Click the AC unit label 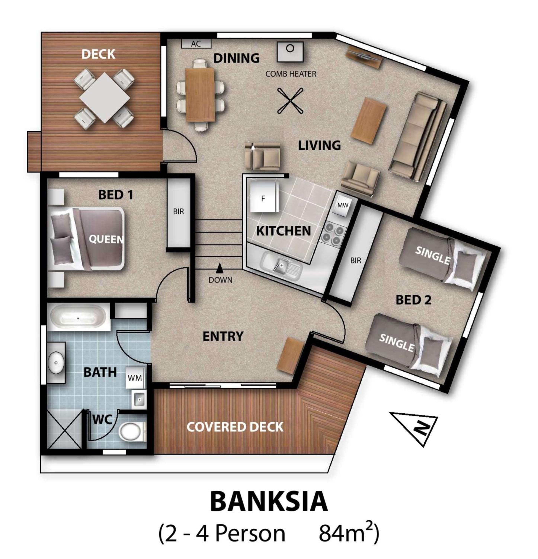196,44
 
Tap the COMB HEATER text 291,74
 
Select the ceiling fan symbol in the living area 290,101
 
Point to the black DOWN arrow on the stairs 219,268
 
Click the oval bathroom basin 56,362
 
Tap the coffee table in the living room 369,121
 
